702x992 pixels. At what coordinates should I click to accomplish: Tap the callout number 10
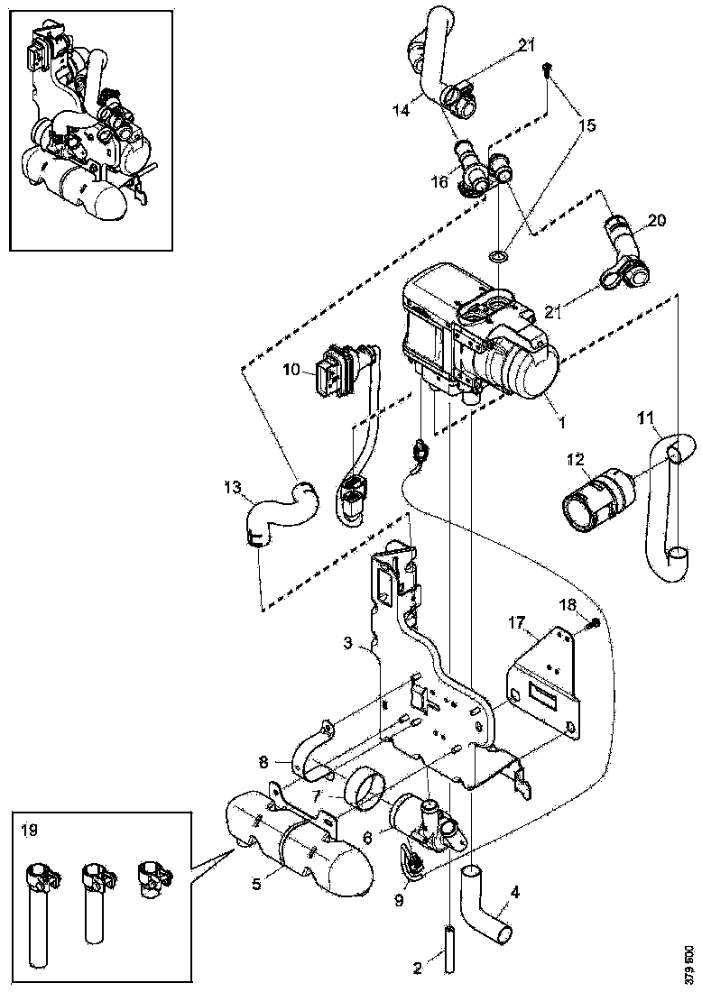(x=290, y=370)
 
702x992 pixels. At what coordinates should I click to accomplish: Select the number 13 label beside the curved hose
(x=233, y=488)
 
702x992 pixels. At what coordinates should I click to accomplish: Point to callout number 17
(x=516, y=621)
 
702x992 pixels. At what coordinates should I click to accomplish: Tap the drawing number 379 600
(x=689, y=964)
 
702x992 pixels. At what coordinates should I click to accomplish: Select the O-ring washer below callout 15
(x=497, y=259)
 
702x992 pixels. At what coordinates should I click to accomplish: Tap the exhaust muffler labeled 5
(x=298, y=844)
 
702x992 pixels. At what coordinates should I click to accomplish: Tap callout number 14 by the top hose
(x=402, y=110)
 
